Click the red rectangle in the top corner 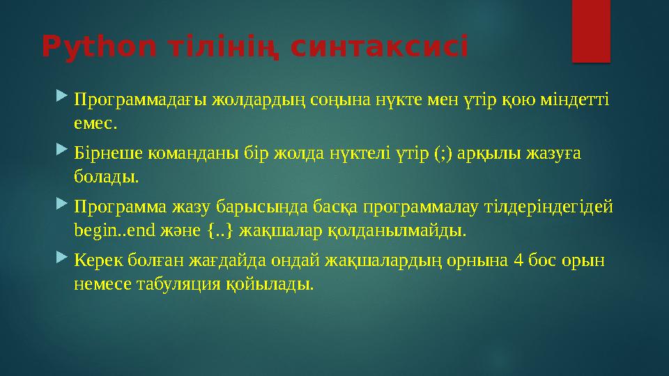(591, 31)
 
